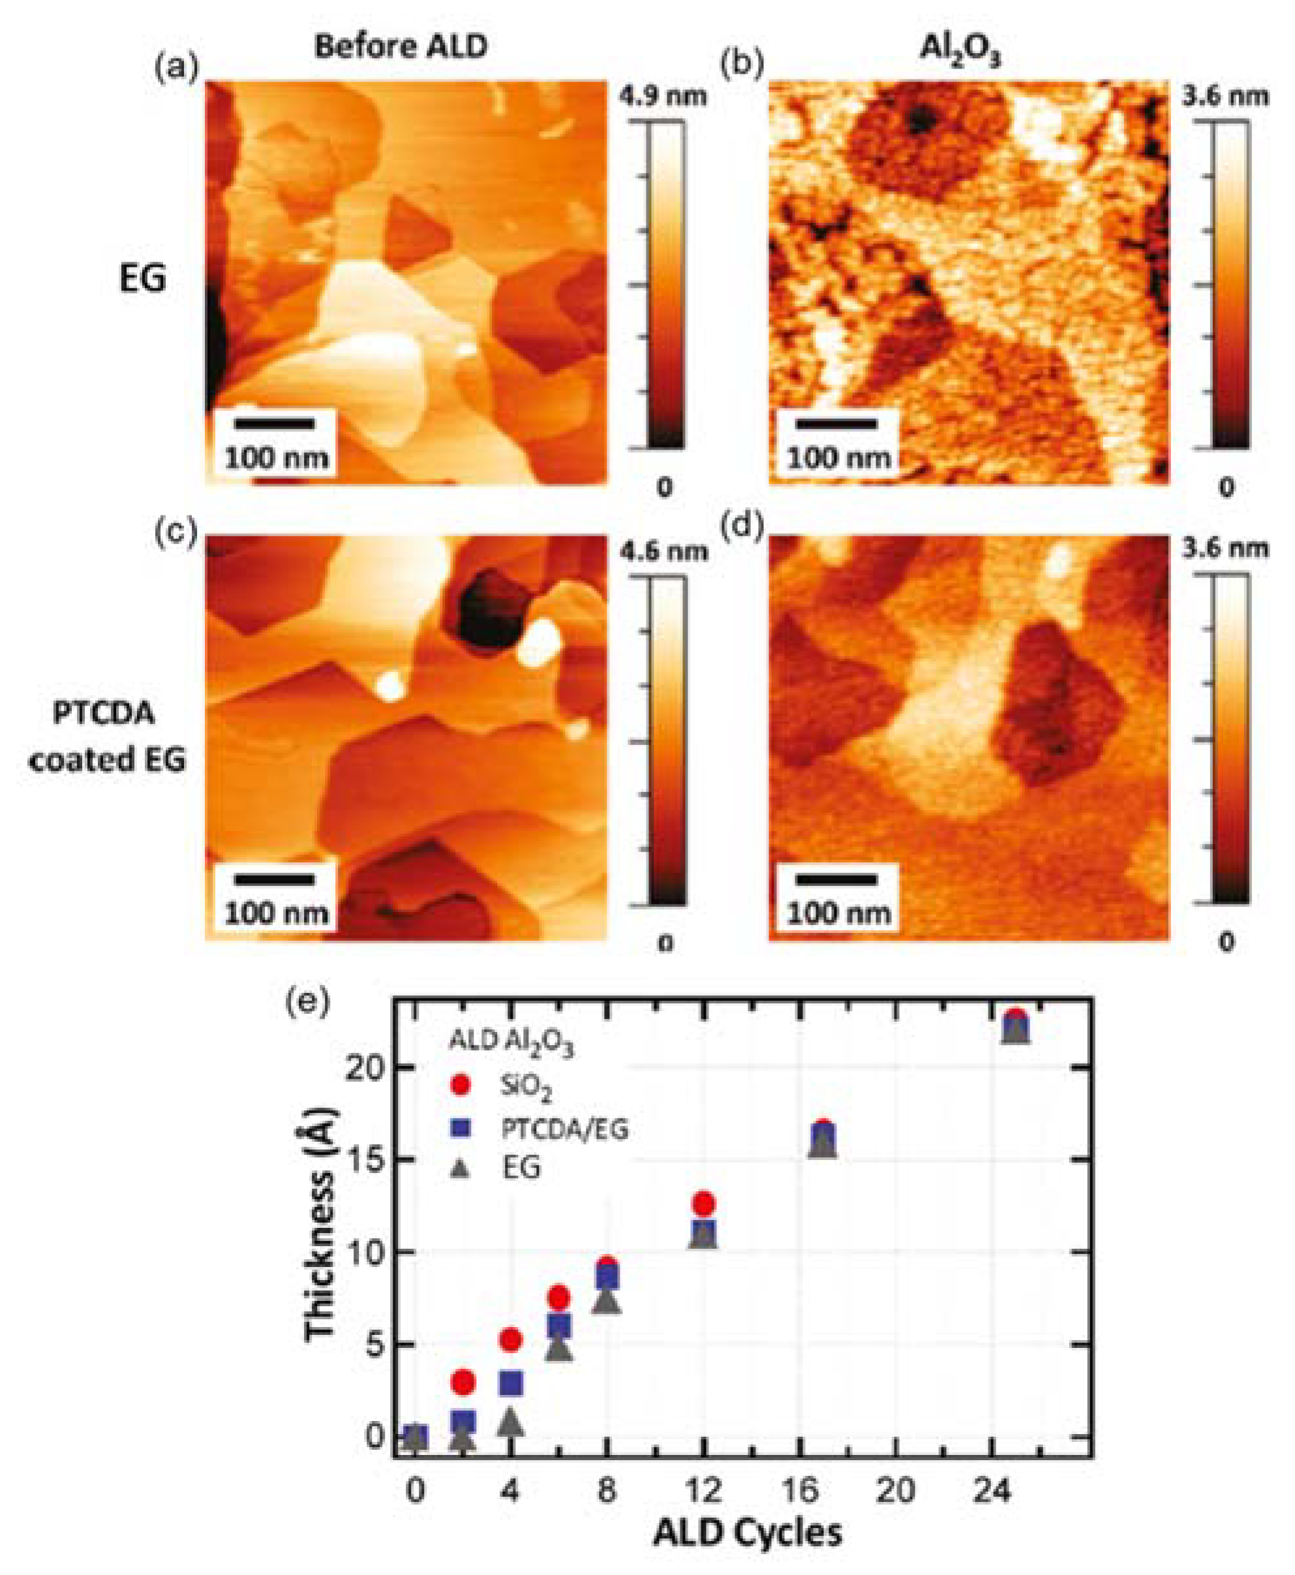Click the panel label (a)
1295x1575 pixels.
[x=177, y=68]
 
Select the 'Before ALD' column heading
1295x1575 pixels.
[x=401, y=46]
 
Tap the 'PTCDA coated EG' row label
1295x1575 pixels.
[x=108, y=737]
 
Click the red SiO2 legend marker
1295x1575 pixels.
[x=461, y=1084]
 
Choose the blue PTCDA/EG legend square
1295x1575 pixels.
[x=461, y=1127]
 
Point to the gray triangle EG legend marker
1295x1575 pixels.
[x=461, y=1169]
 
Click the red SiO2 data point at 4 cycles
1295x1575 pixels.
[x=511, y=1340]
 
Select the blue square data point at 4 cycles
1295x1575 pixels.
[x=511, y=1384]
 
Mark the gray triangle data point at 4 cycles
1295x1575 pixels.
[x=511, y=1423]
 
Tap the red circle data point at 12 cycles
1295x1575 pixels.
[x=703, y=1204]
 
